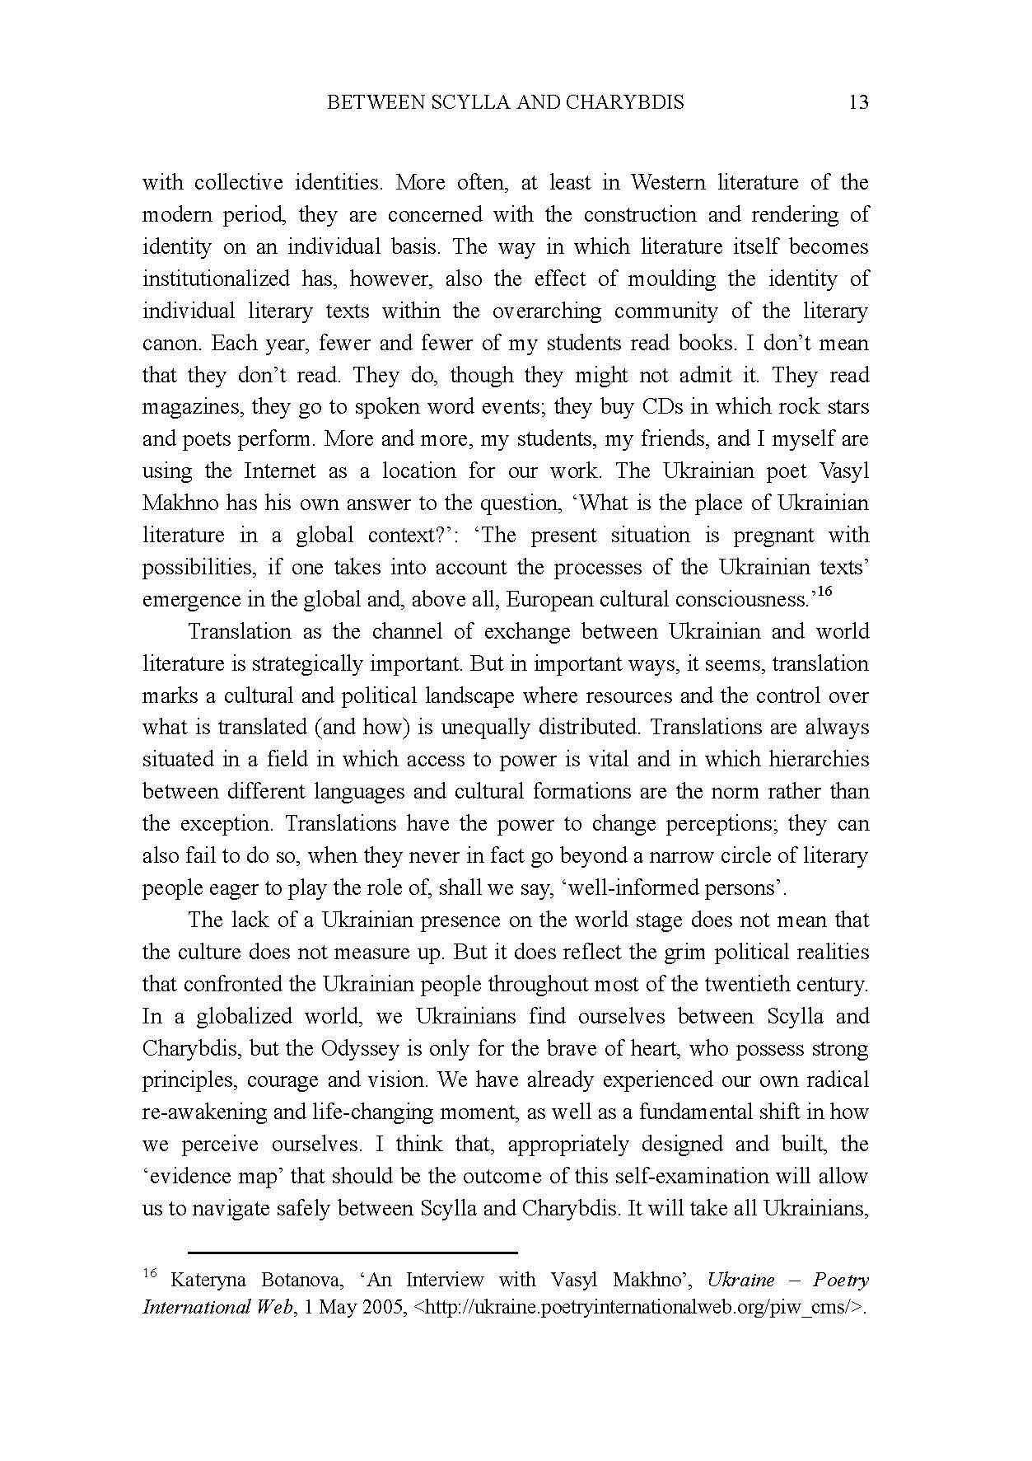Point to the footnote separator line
352,1252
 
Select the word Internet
280,471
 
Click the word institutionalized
216,279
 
